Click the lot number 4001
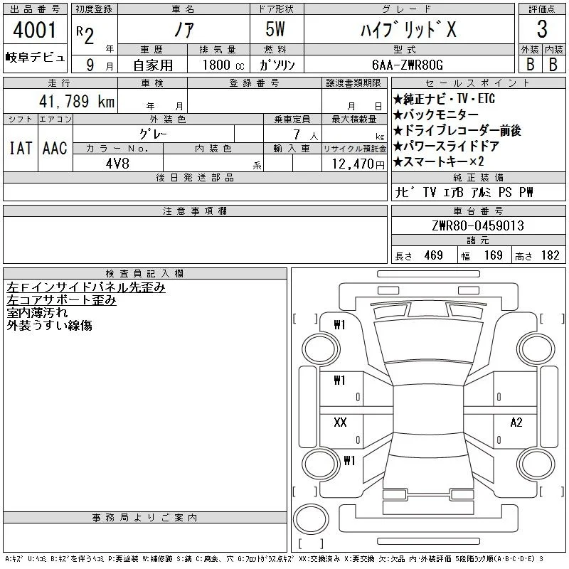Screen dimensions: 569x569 coord(34,30)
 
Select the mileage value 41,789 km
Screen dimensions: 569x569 coord(77,101)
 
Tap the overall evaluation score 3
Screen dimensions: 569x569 coord(542,29)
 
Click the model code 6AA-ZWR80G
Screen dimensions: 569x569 coord(408,65)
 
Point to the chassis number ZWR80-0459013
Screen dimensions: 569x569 coord(478,225)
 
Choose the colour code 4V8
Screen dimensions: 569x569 coord(117,164)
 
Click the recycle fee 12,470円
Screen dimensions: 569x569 coord(358,164)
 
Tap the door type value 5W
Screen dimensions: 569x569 coord(275,29)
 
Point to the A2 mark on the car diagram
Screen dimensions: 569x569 coord(516,422)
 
